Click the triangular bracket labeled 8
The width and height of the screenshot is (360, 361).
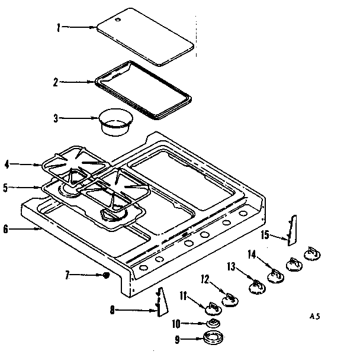click(x=161, y=303)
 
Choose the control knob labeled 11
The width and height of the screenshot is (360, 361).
click(x=212, y=307)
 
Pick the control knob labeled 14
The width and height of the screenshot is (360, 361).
click(x=275, y=275)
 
